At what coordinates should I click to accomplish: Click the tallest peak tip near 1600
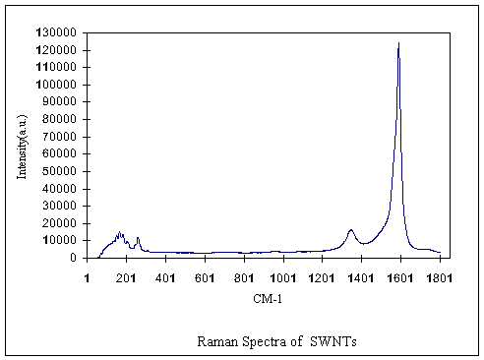(398, 44)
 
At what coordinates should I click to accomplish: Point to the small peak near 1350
(350, 230)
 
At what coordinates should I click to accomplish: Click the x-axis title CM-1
(264, 297)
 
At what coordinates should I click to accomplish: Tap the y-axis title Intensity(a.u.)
(22, 145)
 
